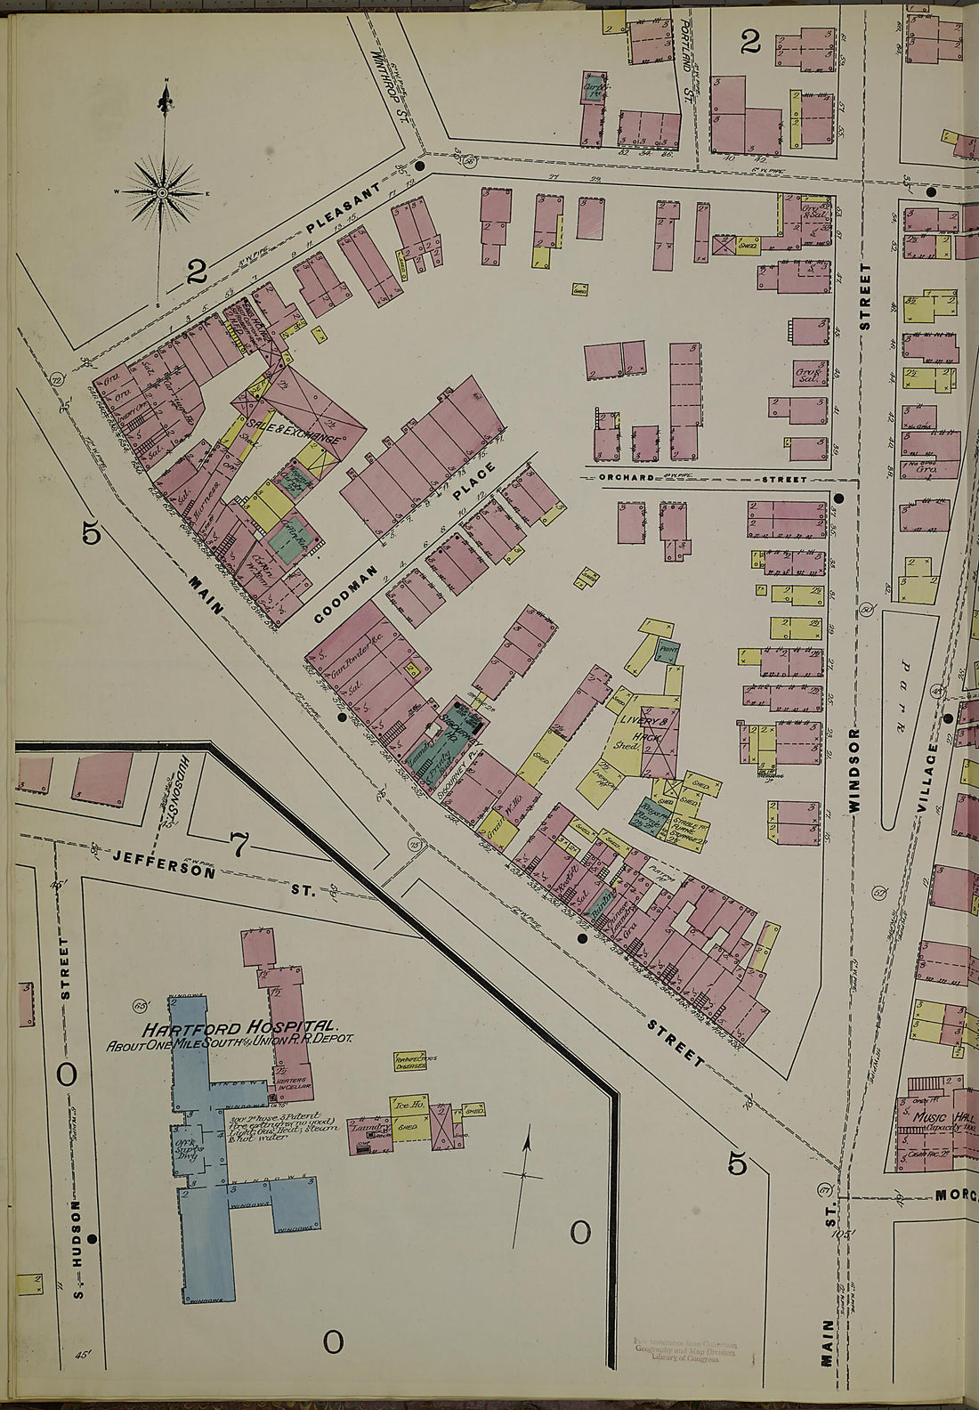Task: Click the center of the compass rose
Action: tap(163, 192)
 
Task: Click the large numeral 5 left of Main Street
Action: tap(91, 532)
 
